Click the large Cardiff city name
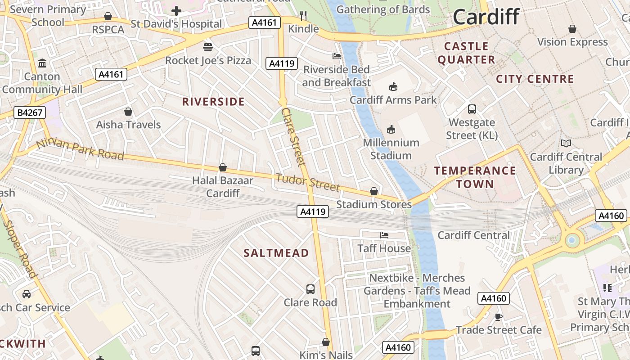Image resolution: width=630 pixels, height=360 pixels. coord(486,17)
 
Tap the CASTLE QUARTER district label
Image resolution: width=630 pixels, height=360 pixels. coord(466,53)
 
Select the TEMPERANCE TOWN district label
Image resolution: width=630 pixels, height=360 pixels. coord(475,177)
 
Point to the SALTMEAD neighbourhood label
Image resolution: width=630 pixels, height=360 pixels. coord(276,253)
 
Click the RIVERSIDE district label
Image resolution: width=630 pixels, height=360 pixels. coord(213,102)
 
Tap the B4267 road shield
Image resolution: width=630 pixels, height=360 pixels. coord(30,112)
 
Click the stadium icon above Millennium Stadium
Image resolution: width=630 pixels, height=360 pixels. coord(391,130)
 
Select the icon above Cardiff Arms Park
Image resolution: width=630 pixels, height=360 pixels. coord(393,86)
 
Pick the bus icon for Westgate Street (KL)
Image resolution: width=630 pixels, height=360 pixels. coord(472,109)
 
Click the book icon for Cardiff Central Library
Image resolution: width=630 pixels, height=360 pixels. coord(566,144)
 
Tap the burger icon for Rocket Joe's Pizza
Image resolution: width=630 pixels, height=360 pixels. coord(208,47)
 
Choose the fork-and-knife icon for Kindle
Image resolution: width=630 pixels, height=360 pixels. coord(303,16)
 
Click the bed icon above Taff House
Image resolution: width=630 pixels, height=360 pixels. coord(384,235)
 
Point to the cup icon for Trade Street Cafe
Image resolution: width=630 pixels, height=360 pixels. coord(498,316)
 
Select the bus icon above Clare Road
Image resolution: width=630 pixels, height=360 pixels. coord(310,289)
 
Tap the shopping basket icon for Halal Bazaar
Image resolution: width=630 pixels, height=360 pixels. coord(222,167)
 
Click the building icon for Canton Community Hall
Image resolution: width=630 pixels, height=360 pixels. coord(42,63)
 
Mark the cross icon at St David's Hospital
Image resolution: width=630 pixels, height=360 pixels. coord(176,11)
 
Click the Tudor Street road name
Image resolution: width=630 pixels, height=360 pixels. coord(307,181)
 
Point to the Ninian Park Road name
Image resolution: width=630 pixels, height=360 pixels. coord(80,149)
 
